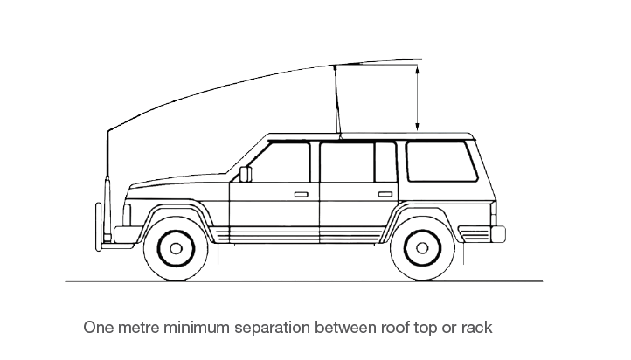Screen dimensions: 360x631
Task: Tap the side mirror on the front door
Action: click(246, 173)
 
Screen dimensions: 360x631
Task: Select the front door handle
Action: click(301, 193)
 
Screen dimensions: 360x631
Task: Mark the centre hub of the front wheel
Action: click(176, 248)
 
